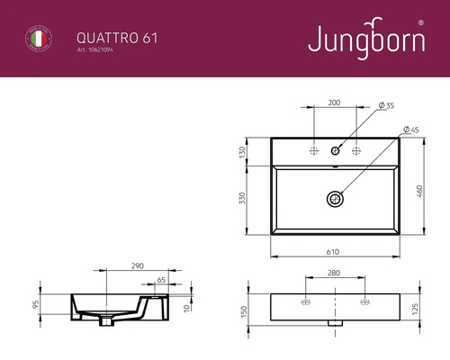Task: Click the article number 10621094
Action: [x=98, y=50]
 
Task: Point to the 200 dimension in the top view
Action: [x=334, y=103]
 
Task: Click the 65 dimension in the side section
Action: [x=160, y=281]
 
